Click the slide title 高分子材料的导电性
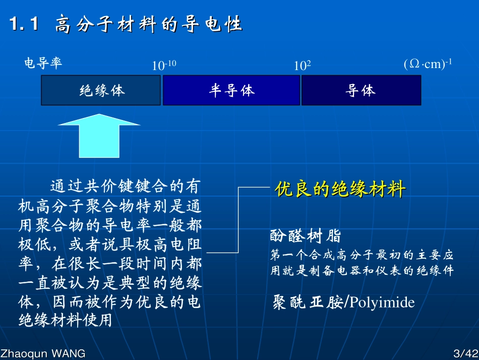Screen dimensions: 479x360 pos(149,24)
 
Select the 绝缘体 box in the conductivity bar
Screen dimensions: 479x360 pos(101,90)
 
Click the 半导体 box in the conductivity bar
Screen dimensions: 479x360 pos(231,90)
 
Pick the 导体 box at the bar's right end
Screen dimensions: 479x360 pos(361,90)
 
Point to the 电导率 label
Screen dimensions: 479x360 pos(43,64)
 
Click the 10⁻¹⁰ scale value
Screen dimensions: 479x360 pos(164,65)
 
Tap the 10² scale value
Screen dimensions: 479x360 pos(302,65)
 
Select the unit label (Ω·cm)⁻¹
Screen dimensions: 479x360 pos(428,64)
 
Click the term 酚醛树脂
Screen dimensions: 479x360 pos(306,235)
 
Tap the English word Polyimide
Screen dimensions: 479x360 pos(382,302)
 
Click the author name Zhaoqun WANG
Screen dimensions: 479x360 pos(43,353)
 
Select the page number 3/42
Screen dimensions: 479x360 pos(464,353)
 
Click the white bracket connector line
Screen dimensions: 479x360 pos(238,220)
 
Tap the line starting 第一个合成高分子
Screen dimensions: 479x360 pos(362,254)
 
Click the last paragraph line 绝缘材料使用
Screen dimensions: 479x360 pos(66,321)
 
